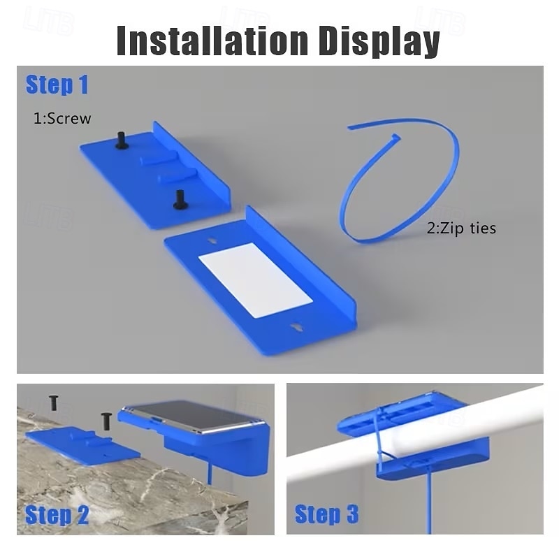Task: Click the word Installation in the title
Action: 212,40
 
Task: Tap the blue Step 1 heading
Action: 57,85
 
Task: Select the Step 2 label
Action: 57,515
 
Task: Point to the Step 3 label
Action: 326,514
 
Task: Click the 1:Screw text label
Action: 62,119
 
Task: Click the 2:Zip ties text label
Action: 461,228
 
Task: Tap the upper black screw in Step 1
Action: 122,140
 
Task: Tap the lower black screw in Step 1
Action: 180,200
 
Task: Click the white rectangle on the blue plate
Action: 256,280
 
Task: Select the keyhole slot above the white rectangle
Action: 213,241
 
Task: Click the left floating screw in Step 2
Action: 54,402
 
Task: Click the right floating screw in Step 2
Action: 106,421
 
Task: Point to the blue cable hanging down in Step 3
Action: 428,502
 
